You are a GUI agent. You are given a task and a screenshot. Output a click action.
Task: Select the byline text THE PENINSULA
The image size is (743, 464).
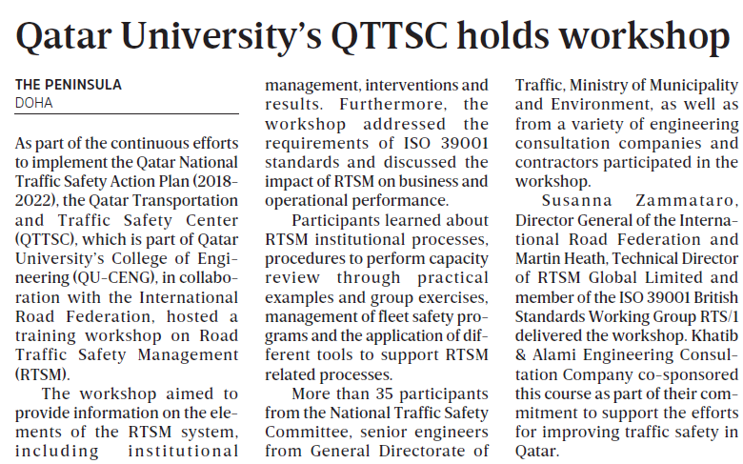point(69,85)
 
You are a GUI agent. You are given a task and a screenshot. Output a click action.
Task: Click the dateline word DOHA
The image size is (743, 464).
point(34,103)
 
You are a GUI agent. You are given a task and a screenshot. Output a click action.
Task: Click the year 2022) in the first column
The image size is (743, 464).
point(43,201)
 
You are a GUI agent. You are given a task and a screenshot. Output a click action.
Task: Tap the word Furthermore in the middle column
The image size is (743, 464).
point(411,104)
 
